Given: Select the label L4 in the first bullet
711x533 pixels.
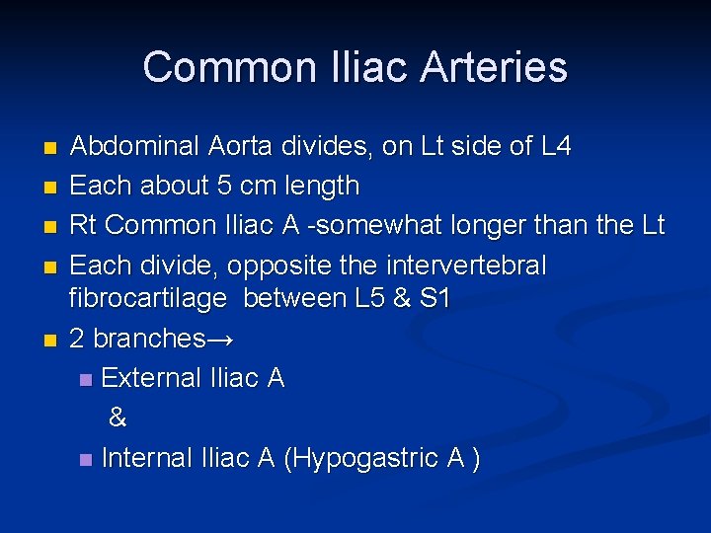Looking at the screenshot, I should [x=556, y=147].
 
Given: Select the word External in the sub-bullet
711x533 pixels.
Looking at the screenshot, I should [x=152, y=378].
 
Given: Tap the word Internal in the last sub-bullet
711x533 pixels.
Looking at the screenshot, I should [x=147, y=458].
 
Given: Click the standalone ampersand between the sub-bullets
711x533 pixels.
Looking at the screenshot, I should [x=118, y=419].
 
